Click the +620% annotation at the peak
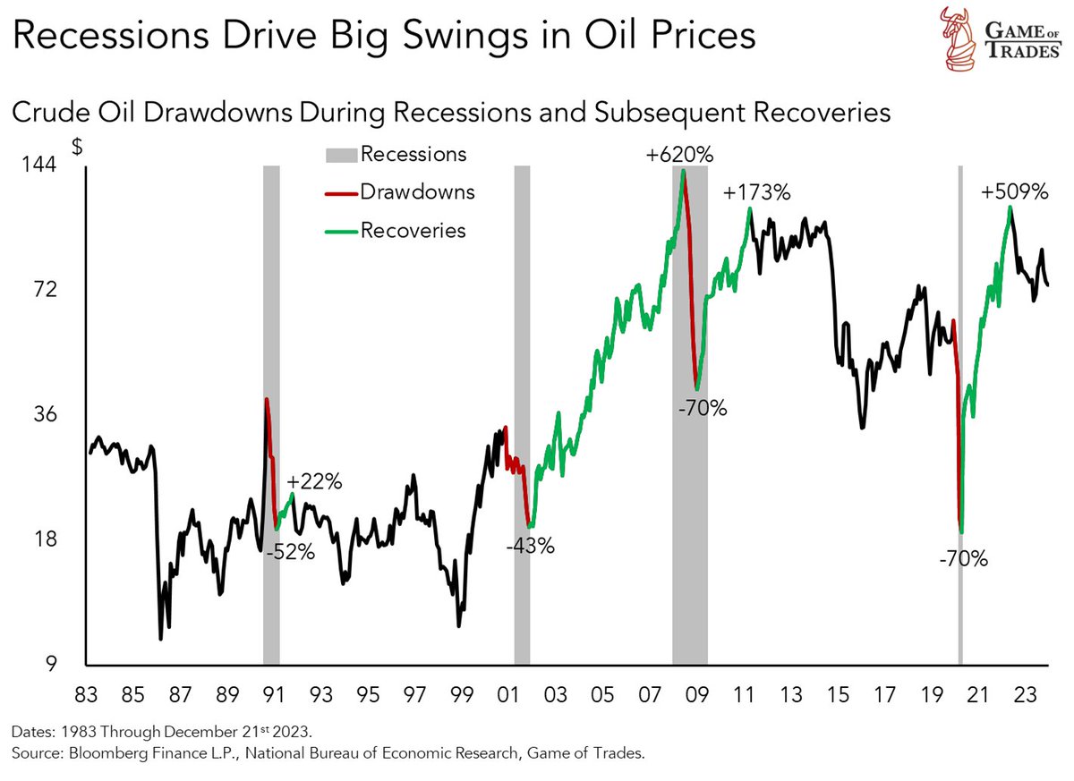pyautogui.click(x=680, y=156)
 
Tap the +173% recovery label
pyautogui.click(x=758, y=193)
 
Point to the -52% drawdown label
pyautogui.click(x=291, y=552)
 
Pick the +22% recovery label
pyautogui.click(x=317, y=481)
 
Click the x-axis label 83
pyautogui.click(x=86, y=694)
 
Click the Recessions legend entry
pyautogui.click(x=413, y=154)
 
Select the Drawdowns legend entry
pyautogui.click(x=416, y=191)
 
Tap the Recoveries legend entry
pyautogui.click(x=413, y=230)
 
